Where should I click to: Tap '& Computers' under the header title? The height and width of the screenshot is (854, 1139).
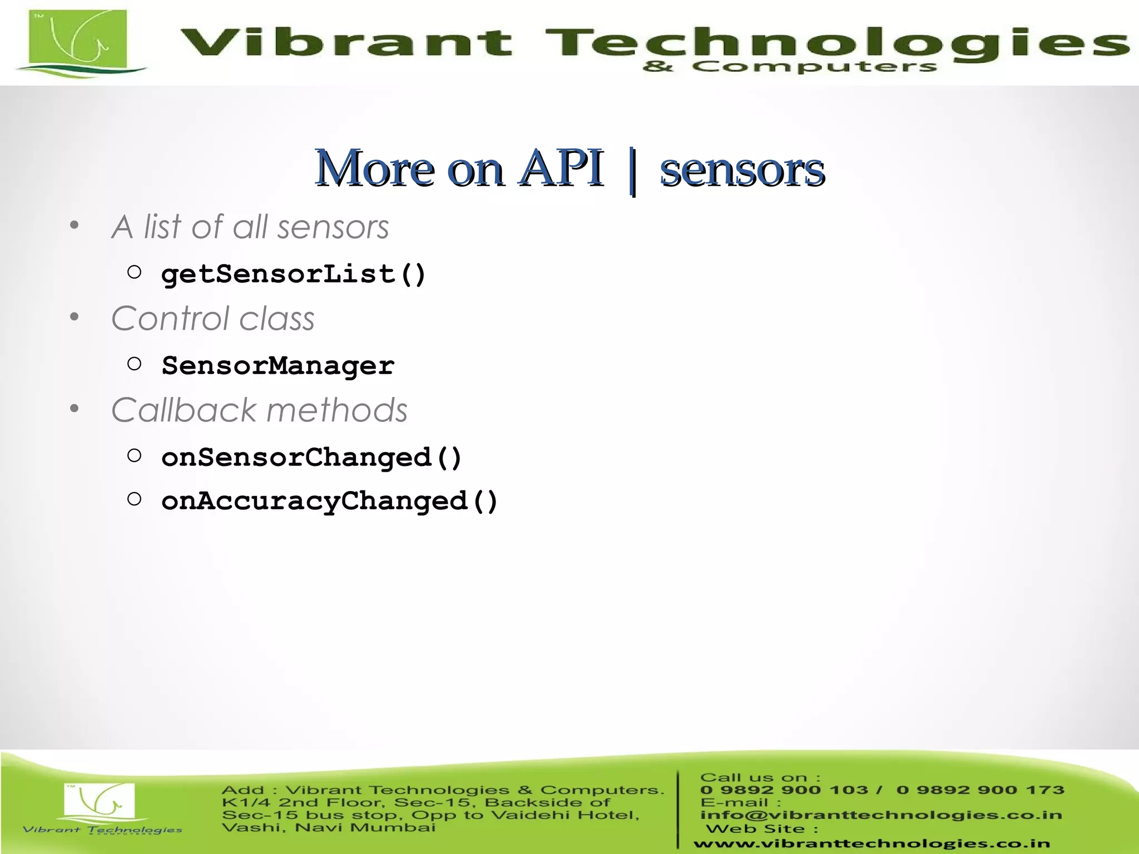tap(790, 67)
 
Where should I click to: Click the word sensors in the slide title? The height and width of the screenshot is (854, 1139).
tap(742, 170)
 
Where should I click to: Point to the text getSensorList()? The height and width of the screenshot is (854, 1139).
tap(294, 274)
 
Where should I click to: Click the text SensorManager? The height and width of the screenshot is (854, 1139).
tap(278, 366)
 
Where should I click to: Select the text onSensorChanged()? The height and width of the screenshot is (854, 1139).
tap(311, 458)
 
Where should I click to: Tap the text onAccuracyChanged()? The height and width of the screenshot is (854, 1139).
tap(329, 501)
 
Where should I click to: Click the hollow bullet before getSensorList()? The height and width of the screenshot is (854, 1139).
tap(134, 272)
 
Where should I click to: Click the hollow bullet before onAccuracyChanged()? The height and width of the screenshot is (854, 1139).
tap(134, 499)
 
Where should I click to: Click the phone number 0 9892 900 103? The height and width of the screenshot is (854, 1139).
tap(784, 790)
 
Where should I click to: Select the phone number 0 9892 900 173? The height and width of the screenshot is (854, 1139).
tap(980, 790)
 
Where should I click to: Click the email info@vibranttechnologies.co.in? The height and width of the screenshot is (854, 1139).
tap(881, 815)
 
